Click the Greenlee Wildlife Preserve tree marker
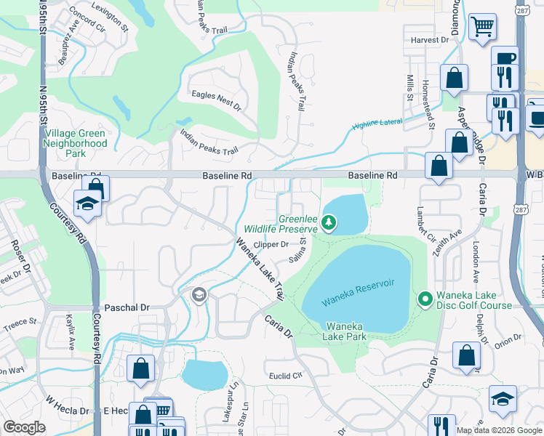(329, 222)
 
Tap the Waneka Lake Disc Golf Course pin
(425, 299)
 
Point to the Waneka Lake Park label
(345, 331)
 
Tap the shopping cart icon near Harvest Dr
(481, 28)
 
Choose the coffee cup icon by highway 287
(504, 58)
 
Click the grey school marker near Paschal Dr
(198, 295)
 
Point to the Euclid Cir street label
(286, 375)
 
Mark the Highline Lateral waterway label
(377, 124)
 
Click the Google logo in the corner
(25, 427)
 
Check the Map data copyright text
(499, 430)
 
